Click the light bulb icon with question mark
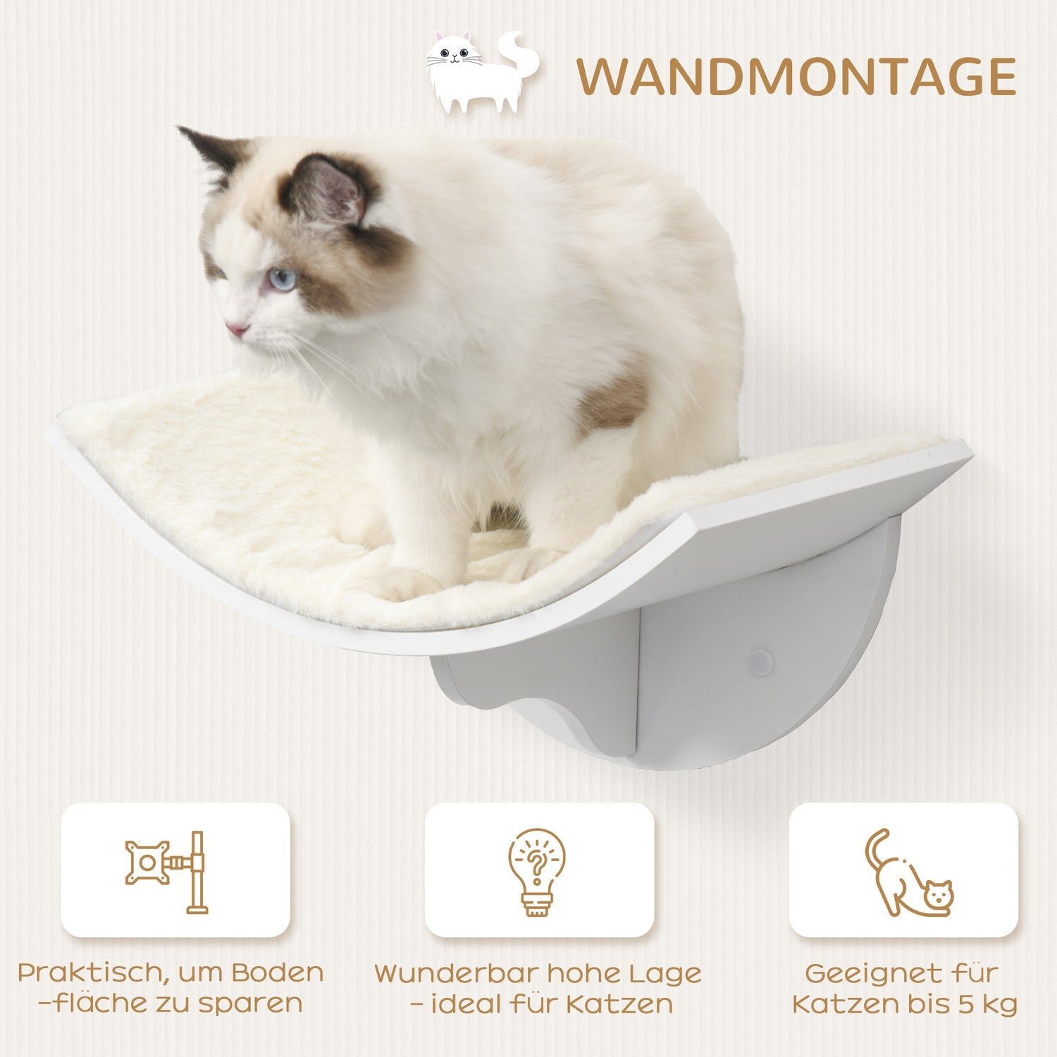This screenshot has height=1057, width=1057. pos(537,872)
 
